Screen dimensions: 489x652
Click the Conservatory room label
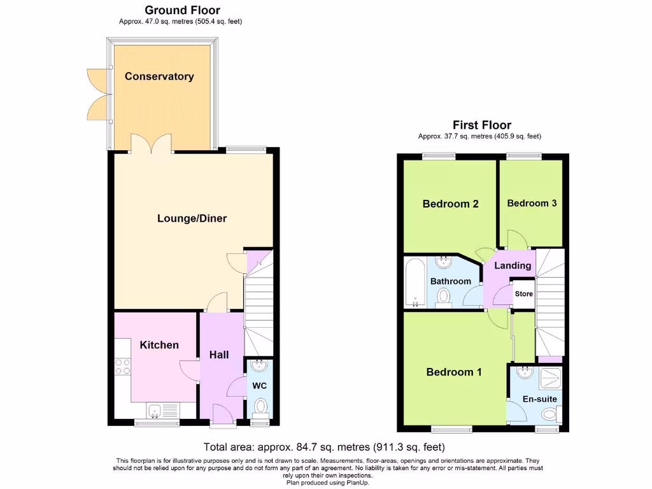click(x=159, y=76)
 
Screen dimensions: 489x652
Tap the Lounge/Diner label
click(x=192, y=218)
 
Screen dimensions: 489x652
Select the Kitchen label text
click(x=159, y=345)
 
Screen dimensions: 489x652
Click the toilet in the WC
click(x=260, y=406)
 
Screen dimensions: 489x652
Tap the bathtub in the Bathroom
click(x=414, y=282)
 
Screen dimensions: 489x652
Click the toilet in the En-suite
click(x=549, y=415)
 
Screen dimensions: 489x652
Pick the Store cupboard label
click(x=523, y=294)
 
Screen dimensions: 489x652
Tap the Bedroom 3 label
click(x=532, y=203)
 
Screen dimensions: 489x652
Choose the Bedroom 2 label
click(x=450, y=204)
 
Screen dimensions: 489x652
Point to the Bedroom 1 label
click(x=453, y=372)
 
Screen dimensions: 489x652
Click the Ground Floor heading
click(x=182, y=10)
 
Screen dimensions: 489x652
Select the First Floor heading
click(x=481, y=125)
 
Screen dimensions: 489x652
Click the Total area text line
click(x=324, y=447)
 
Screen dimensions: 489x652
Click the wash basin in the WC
click(x=260, y=366)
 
